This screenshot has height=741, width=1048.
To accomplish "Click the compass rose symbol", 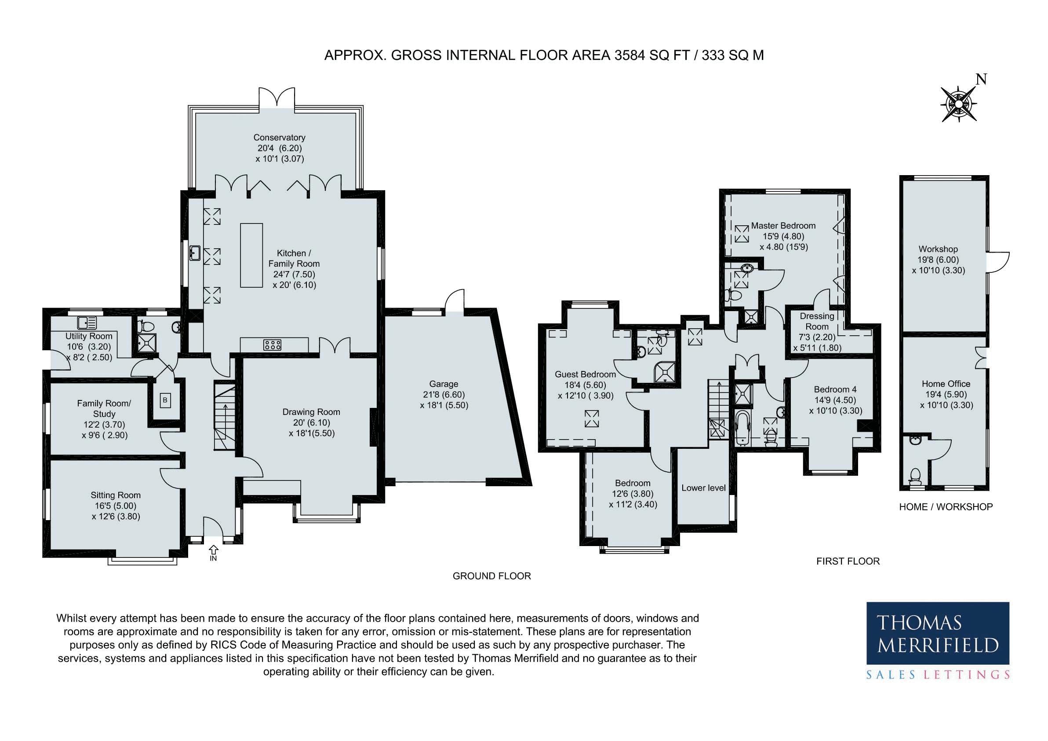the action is [958, 105].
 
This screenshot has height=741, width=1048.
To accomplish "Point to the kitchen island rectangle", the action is [251, 255].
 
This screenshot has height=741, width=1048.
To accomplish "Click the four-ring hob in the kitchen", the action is [272, 345].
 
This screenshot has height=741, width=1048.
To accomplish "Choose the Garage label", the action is [444, 384].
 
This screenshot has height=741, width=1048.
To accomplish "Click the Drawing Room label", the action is [311, 412].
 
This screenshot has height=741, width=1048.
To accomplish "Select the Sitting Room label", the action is [116, 495].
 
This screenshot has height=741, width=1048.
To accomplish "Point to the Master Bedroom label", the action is [783, 226].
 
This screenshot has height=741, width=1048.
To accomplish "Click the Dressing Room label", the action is [817, 321].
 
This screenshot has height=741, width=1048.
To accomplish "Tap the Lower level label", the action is [703, 488].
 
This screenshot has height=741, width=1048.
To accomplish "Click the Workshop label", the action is [938, 249].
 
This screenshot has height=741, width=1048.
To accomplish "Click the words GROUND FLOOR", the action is [491, 576].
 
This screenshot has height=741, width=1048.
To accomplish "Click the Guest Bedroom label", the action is [585, 374].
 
